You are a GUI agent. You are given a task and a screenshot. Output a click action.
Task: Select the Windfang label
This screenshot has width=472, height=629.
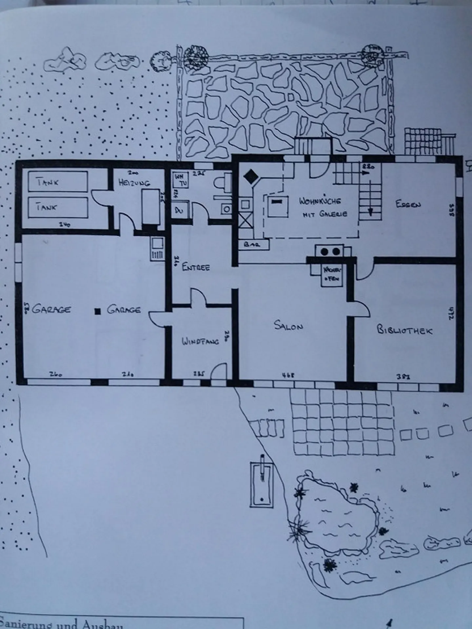200,341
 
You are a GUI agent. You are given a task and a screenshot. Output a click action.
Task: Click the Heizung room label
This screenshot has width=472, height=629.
134,182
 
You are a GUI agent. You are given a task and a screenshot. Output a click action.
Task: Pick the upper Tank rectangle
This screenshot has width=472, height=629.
58,181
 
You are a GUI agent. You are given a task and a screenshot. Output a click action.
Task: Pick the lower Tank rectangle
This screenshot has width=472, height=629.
58,207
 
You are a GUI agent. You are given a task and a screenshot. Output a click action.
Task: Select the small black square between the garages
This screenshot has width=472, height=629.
97,311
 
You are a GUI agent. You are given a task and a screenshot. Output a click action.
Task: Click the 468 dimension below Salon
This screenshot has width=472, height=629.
288,375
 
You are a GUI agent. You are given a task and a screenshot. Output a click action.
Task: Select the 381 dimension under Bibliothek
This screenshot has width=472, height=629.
403,377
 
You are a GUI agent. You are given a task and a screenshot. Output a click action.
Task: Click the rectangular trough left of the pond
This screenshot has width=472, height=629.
262,485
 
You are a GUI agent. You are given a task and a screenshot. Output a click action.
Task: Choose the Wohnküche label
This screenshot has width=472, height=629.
320,200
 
